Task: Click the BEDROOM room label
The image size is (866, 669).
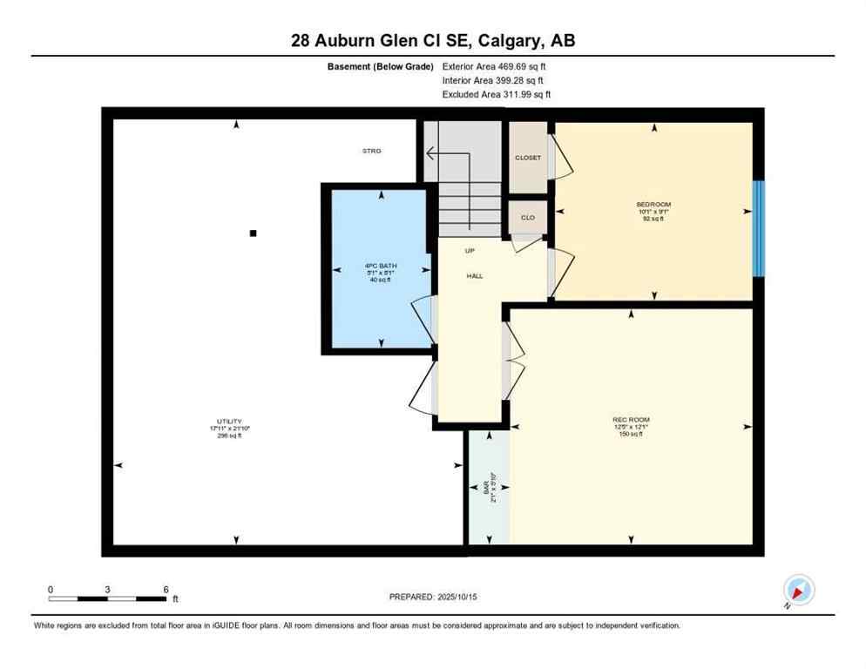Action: click(x=653, y=205)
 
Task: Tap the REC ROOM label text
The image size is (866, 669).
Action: click(x=631, y=420)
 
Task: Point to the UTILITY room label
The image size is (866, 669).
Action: click(x=230, y=421)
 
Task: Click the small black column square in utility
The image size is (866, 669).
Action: click(x=253, y=233)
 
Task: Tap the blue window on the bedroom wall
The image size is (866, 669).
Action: click(x=758, y=228)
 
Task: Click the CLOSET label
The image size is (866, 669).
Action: click(x=528, y=158)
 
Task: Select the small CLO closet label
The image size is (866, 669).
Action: click(x=528, y=218)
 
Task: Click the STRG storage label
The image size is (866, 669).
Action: click(x=372, y=151)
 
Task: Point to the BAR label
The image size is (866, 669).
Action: click(x=486, y=486)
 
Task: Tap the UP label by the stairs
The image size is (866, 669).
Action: click(x=470, y=251)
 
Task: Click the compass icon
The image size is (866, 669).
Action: click(x=798, y=591)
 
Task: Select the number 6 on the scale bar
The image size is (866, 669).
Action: click(x=166, y=589)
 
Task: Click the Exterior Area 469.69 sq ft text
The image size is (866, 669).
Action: click(x=493, y=66)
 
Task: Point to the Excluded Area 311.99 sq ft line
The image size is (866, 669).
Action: click(x=496, y=94)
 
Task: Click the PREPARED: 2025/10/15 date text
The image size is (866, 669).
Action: click(x=432, y=597)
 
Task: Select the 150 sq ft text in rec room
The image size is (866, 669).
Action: click(x=631, y=434)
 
